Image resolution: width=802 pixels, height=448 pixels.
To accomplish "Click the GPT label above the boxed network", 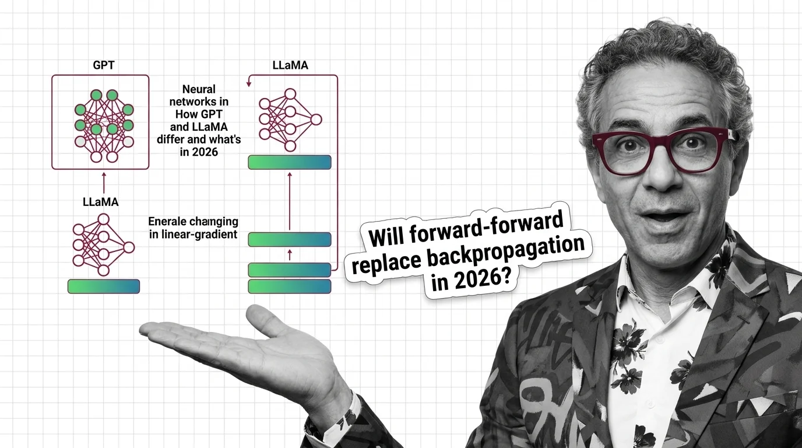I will tap(104, 65).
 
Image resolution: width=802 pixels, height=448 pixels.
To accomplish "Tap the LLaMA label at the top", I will tap(290, 65).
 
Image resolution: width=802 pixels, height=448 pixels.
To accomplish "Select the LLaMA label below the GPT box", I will tap(101, 202).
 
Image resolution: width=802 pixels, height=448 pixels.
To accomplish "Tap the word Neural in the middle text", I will tap(199, 89).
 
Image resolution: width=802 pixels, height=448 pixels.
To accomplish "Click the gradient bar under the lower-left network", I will tap(104, 286).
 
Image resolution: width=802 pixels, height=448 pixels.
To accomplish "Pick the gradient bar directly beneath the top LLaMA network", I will tap(290, 162).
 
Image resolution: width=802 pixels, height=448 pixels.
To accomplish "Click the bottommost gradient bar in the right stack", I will tap(290, 286).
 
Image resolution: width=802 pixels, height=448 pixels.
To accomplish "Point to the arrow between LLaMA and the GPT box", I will tap(104, 183).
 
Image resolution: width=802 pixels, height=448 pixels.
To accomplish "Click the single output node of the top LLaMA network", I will tap(316, 120).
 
